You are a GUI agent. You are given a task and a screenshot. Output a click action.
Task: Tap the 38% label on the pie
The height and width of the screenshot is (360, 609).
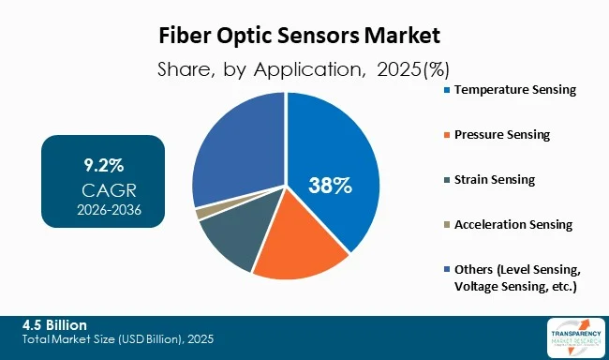point(331,185)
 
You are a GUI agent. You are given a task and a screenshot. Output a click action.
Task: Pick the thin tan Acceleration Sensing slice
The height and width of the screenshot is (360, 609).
point(201,213)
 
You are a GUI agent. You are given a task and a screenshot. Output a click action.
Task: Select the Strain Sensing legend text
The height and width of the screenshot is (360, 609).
point(495,179)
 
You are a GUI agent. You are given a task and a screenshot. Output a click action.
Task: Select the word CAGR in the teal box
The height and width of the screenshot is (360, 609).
point(102,189)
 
